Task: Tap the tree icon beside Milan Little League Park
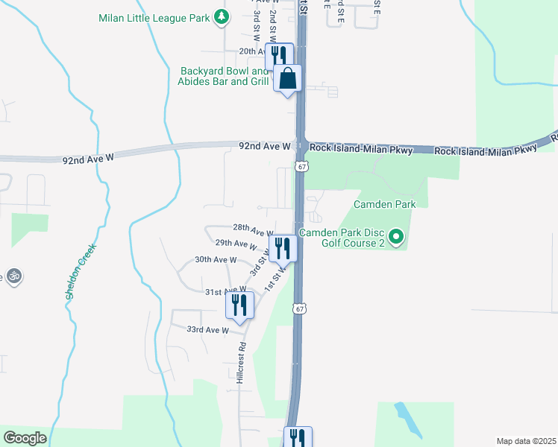pyautogui.click(x=221, y=16)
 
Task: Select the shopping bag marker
pyautogui.click(x=288, y=77)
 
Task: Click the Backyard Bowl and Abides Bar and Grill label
pyautogui.click(x=224, y=76)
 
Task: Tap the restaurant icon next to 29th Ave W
pyautogui.click(x=283, y=247)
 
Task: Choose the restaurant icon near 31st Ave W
pyautogui.click(x=239, y=304)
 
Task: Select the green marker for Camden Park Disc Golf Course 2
pyautogui.click(x=396, y=238)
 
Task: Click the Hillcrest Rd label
pyautogui.click(x=241, y=363)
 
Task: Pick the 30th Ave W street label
pyautogui.click(x=216, y=260)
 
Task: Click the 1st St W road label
pyautogui.click(x=280, y=281)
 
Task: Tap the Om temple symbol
pyautogui.click(x=13, y=276)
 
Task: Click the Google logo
pyautogui.click(x=25, y=438)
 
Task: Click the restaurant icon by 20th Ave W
pyautogui.click(x=278, y=54)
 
